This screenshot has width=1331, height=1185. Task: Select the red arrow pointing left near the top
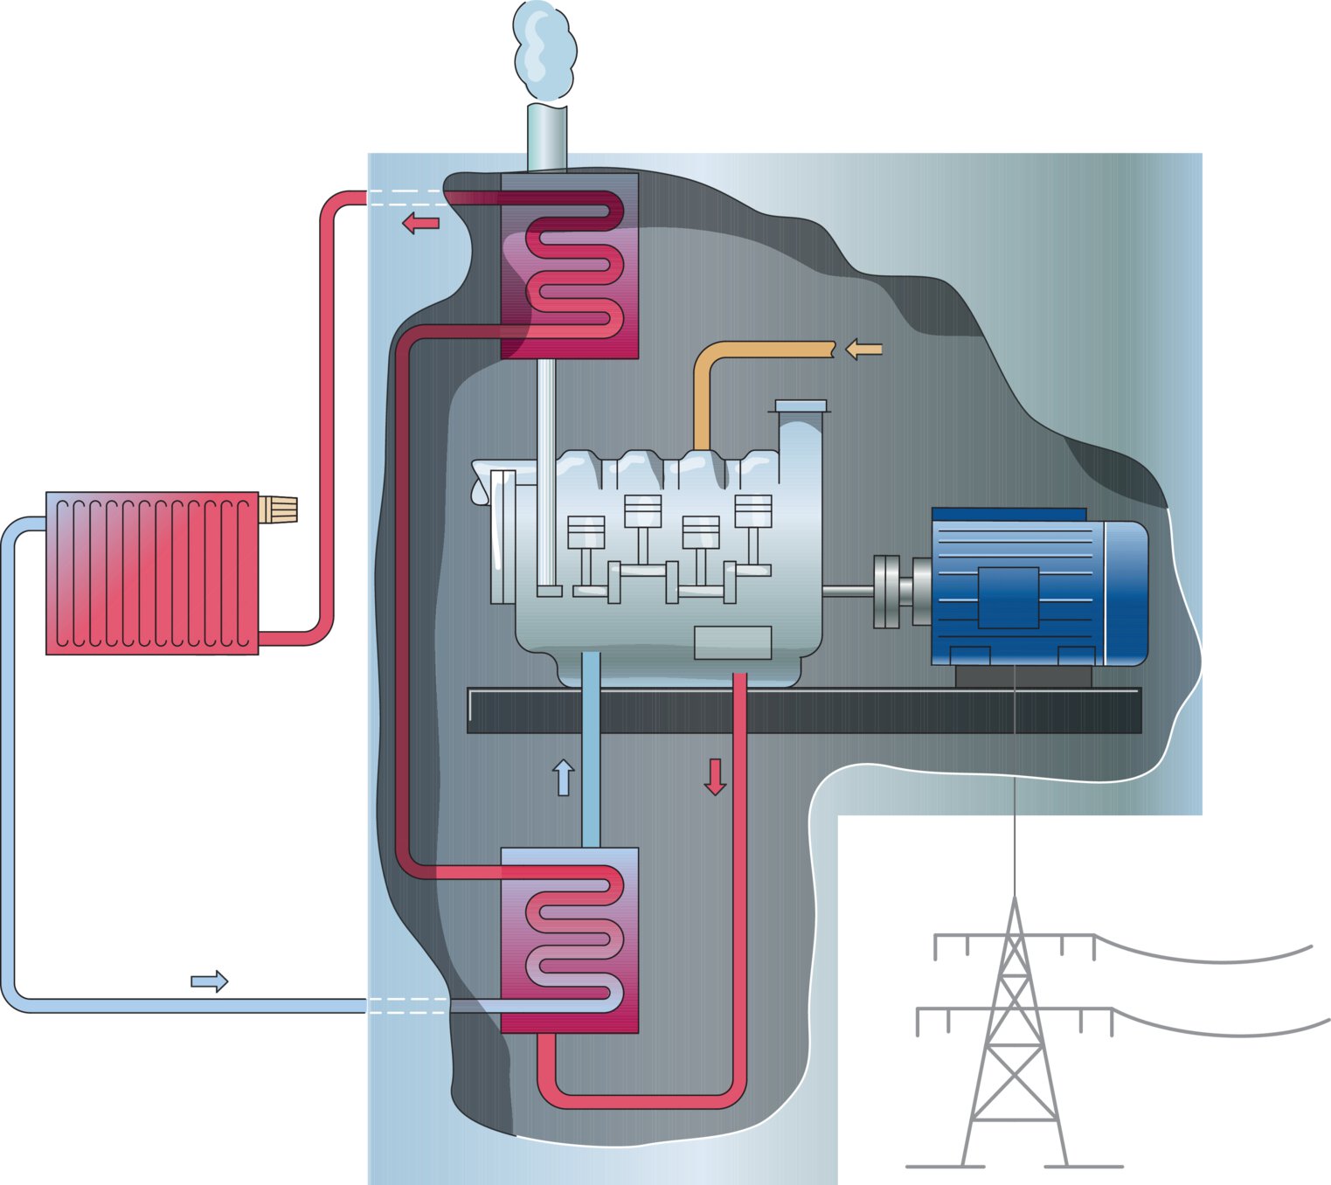pos(420,224)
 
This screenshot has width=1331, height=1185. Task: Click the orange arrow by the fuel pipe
pos(863,350)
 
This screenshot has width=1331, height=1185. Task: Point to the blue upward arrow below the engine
pos(564,777)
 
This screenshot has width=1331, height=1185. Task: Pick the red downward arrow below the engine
pos(715,777)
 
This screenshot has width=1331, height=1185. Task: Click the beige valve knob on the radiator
pos(279,509)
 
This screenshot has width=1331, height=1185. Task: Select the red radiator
pos(152,573)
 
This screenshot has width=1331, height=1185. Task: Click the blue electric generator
pos(1038,587)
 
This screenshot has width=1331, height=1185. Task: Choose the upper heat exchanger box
pos(570,266)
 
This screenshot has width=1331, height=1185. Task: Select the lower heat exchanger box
pos(570,939)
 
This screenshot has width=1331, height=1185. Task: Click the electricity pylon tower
pos(1014,1031)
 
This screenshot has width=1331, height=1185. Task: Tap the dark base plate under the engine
pos(804,710)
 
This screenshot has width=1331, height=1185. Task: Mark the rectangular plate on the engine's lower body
pos(732,643)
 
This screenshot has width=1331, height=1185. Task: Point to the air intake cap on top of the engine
pos(801,406)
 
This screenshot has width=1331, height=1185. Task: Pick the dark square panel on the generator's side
pos(1008,598)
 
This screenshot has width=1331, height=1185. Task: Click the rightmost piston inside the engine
pos(753,512)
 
